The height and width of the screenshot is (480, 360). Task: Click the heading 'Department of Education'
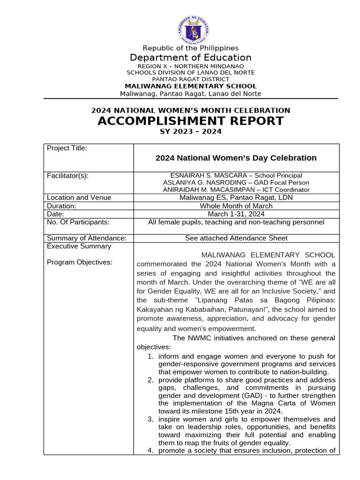(x=190, y=58)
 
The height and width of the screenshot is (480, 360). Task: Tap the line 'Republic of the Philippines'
(x=190, y=48)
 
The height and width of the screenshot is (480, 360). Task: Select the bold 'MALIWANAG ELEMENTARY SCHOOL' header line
(x=190, y=86)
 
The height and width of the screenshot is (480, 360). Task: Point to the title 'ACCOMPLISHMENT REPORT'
(x=190, y=121)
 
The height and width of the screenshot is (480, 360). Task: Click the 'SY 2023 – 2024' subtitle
(x=190, y=132)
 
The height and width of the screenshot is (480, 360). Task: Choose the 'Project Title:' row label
(x=67, y=149)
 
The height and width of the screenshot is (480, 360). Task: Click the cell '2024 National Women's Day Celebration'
(x=236, y=158)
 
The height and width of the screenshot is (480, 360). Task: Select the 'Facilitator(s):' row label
(x=68, y=176)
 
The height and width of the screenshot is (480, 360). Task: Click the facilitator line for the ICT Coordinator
(x=236, y=190)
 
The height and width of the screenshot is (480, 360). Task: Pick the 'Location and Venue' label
(x=79, y=198)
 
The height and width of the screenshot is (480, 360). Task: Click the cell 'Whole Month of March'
(x=236, y=206)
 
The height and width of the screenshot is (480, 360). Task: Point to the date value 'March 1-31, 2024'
(x=236, y=214)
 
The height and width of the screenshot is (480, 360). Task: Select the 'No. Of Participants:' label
(x=78, y=222)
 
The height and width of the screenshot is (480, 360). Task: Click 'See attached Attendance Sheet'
(x=236, y=238)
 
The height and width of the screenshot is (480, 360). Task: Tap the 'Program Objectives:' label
(x=80, y=262)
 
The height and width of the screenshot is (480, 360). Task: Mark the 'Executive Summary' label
(x=79, y=246)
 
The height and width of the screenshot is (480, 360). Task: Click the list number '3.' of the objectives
(x=150, y=419)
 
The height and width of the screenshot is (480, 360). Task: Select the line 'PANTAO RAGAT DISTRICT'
(x=190, y=79)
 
